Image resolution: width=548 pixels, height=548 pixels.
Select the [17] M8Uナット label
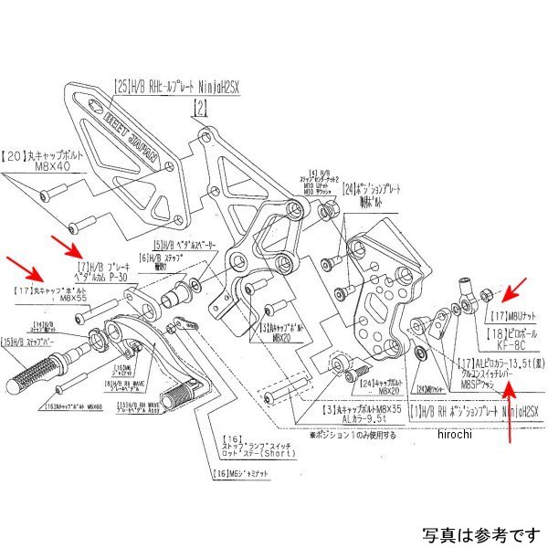[511, 314]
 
